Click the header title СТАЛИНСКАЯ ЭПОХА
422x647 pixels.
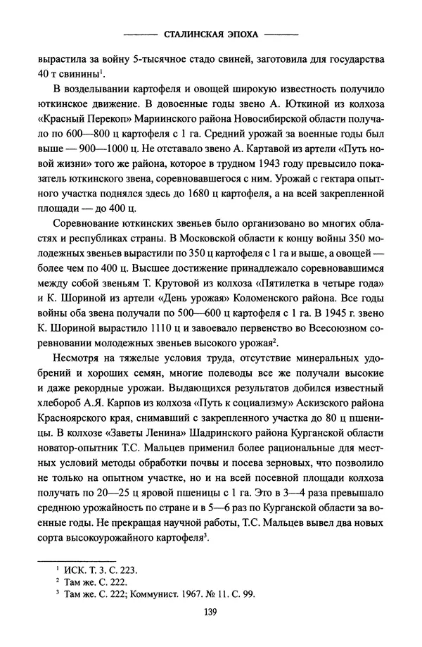(210, 32)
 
